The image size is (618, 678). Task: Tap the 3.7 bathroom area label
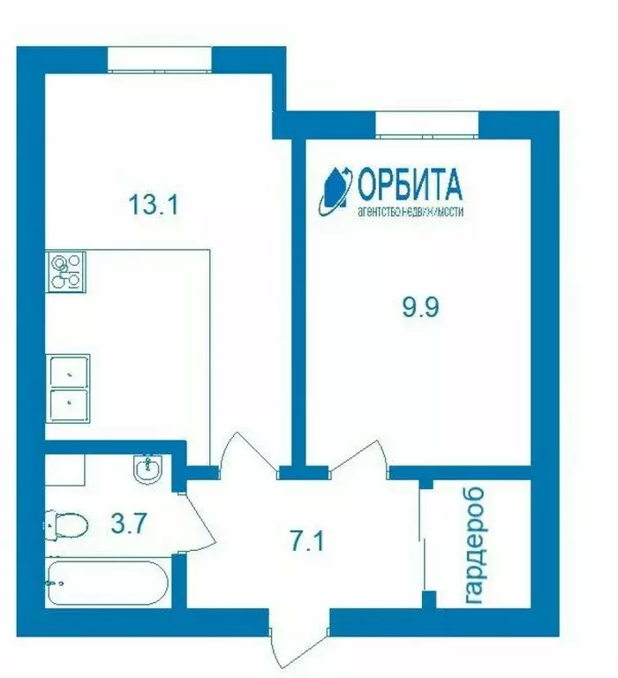[129, 524]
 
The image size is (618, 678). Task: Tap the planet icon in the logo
[335, 188]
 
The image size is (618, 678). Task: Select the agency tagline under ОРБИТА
[410, 212]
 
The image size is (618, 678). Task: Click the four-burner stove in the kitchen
[66, 271]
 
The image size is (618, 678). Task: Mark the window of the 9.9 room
[427, 124]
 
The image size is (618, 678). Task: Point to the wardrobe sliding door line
[426, 543]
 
